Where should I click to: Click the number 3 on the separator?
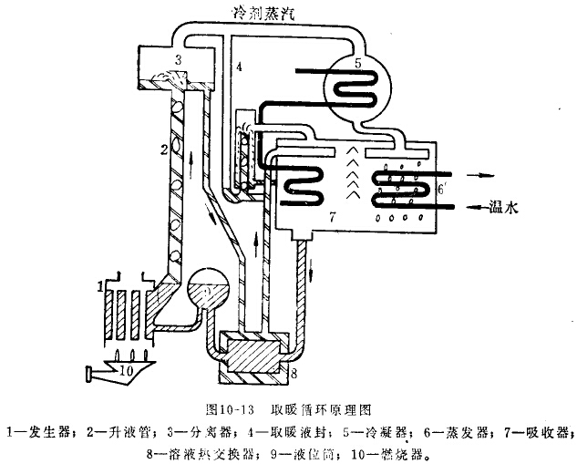click(180, 59)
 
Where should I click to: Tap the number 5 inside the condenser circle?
click(358, 65)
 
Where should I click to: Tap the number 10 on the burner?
click(128, 371)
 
